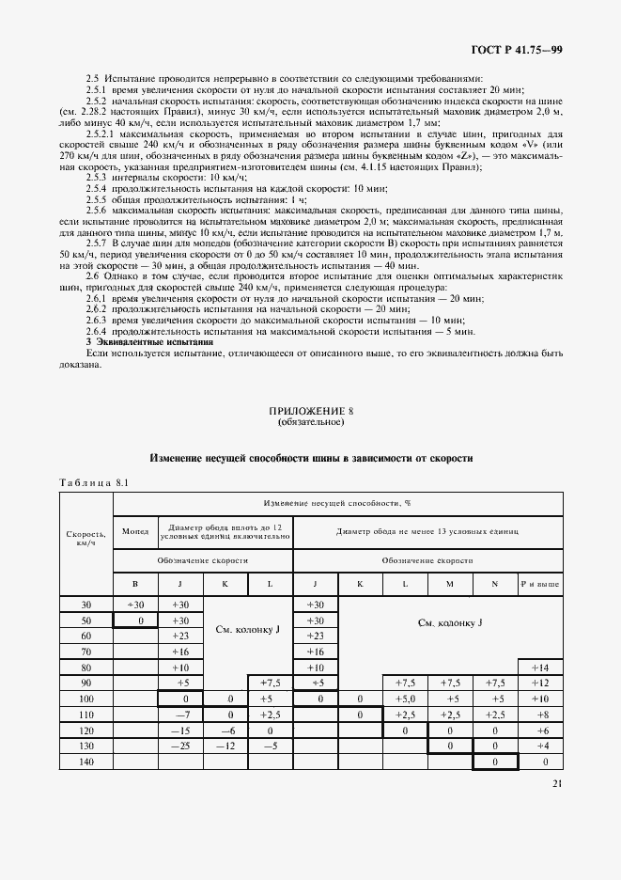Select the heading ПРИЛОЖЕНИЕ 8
311,411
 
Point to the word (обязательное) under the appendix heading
311,422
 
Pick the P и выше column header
539,585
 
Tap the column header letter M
449,585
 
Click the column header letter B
135,585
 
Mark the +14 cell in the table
539,667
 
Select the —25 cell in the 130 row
179,746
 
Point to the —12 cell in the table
225,746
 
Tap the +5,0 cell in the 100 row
405,699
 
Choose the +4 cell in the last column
539,746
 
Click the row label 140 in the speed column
85,762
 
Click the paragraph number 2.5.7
99,242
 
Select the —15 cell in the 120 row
179,730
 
